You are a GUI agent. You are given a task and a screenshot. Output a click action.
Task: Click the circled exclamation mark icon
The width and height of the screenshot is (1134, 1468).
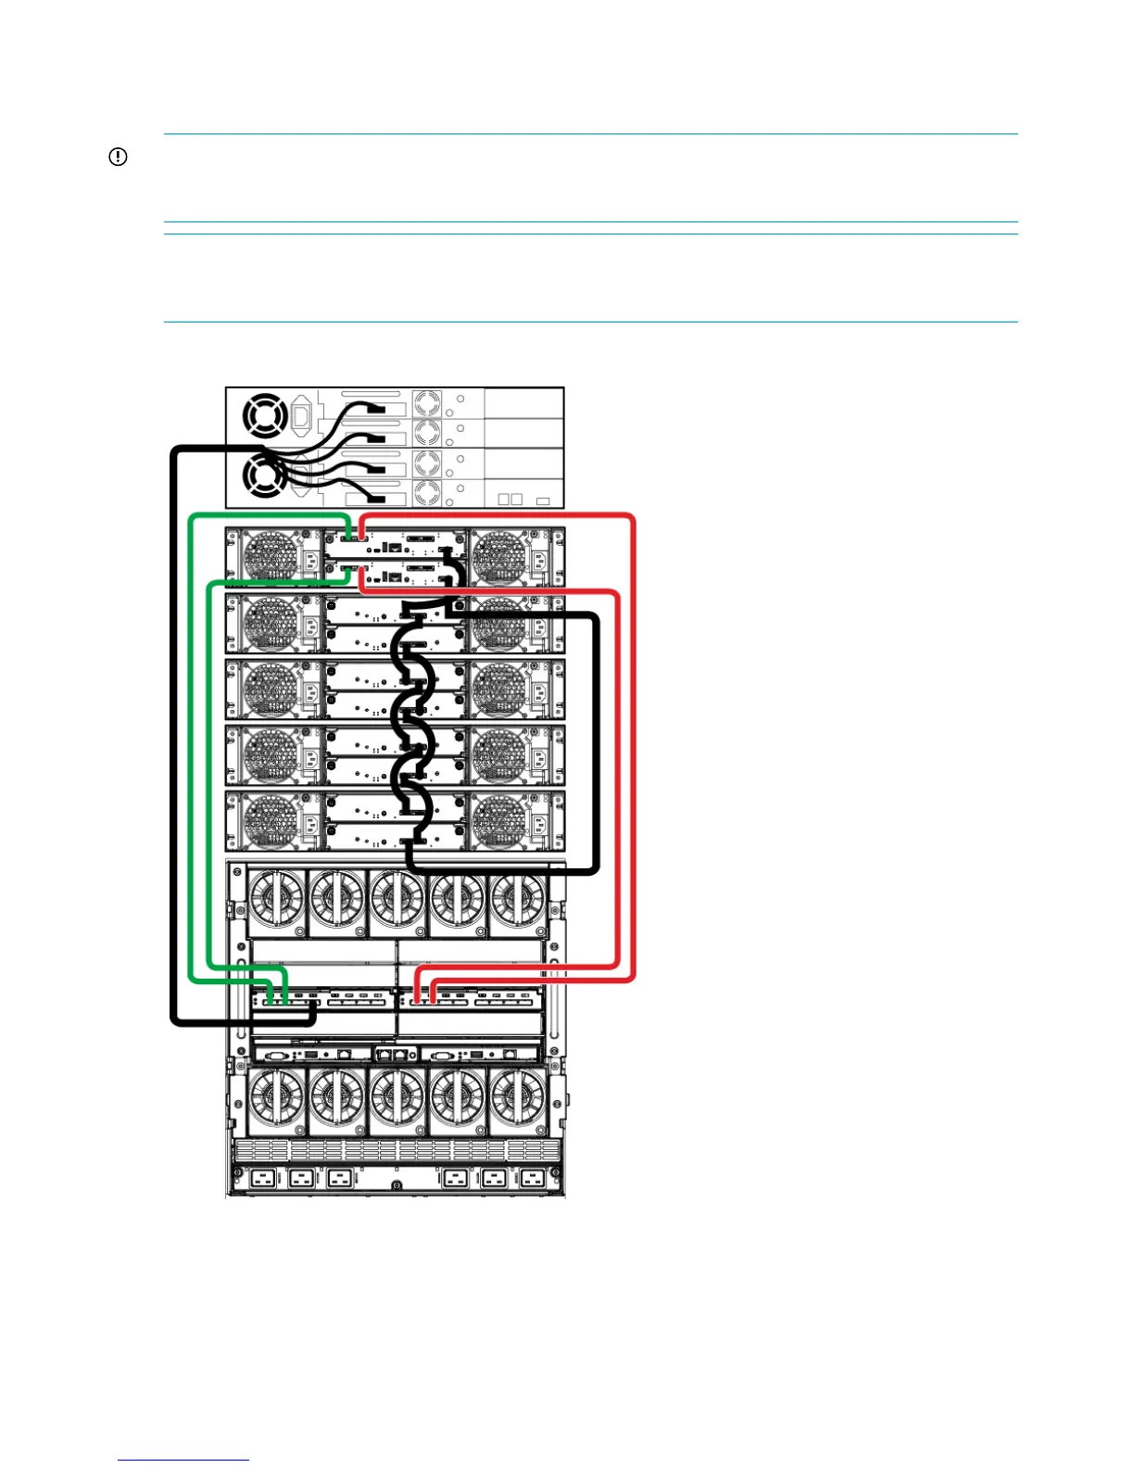point(118,158)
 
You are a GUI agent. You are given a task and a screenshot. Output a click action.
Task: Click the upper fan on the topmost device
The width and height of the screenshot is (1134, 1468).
point(264,416)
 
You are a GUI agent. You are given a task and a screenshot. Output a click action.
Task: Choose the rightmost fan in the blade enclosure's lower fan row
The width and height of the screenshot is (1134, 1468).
point(517,1099)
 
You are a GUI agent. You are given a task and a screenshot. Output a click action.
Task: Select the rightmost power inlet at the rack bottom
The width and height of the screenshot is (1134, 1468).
point(531,1180)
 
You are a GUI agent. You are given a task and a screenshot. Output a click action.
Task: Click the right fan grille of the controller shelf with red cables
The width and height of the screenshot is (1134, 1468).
point(500,558)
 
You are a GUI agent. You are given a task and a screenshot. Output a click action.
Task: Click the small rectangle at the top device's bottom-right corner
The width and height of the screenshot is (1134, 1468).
point(543,501)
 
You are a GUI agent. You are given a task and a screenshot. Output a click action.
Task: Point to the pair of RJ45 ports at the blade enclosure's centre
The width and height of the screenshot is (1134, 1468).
point(392,1055)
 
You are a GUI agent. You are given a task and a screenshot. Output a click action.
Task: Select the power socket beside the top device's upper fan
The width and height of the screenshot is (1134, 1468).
point(301,417)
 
